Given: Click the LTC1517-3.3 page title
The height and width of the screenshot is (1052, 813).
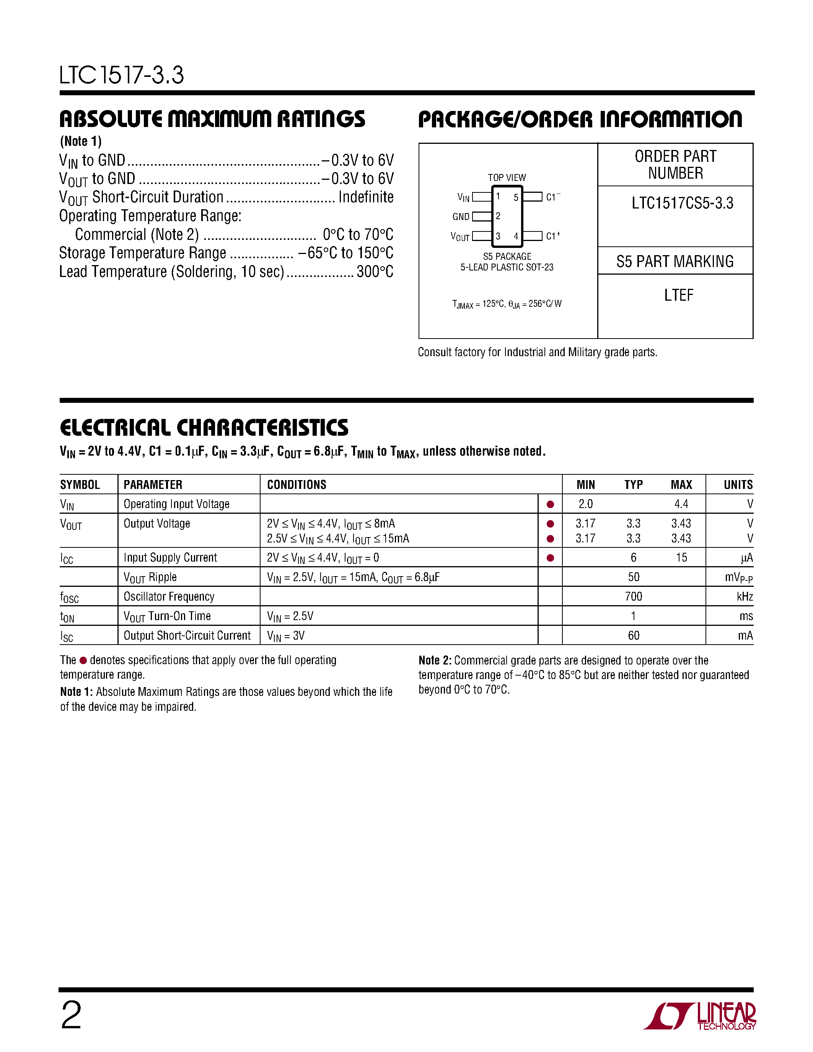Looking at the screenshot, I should click(x=121, y=76).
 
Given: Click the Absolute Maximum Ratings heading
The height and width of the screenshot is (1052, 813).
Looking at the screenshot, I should click(x=212, y=119).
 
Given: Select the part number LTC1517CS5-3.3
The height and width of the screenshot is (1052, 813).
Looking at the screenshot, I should click(x=682, y=203).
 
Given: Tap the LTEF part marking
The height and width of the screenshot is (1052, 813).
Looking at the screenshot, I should click(x=678, y=295).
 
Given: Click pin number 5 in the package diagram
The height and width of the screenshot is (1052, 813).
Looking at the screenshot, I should click(x=516, y=197).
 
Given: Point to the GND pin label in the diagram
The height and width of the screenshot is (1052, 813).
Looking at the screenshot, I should click(x=460, y=217).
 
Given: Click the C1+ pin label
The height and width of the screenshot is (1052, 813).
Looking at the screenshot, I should click(x=552, y=236).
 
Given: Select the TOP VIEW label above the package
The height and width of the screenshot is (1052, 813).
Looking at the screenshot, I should click(x=507, y=177).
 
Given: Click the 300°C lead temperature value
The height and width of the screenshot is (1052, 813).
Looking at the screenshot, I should click(x=375, y=272).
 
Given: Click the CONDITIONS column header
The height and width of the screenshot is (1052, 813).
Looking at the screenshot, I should click(x=297, y=485).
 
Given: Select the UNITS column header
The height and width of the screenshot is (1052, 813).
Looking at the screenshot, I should click(x=738, y=485).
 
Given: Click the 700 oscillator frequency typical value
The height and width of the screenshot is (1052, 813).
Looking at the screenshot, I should click(x=633, y=596).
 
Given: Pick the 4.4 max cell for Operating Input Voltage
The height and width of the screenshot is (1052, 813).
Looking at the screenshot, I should click(x=681, y=504).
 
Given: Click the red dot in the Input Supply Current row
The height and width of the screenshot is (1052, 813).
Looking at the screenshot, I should click(x=550, y=558).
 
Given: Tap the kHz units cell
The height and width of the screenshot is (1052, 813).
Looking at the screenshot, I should click(x=745, y=596).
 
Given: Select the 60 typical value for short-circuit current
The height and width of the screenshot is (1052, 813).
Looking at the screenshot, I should click(x=633, y=635).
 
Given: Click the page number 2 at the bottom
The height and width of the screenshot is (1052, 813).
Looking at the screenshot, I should click(x=71, y=1015).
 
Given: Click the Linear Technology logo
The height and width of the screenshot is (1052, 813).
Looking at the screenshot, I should click(x=699, y=1016).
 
